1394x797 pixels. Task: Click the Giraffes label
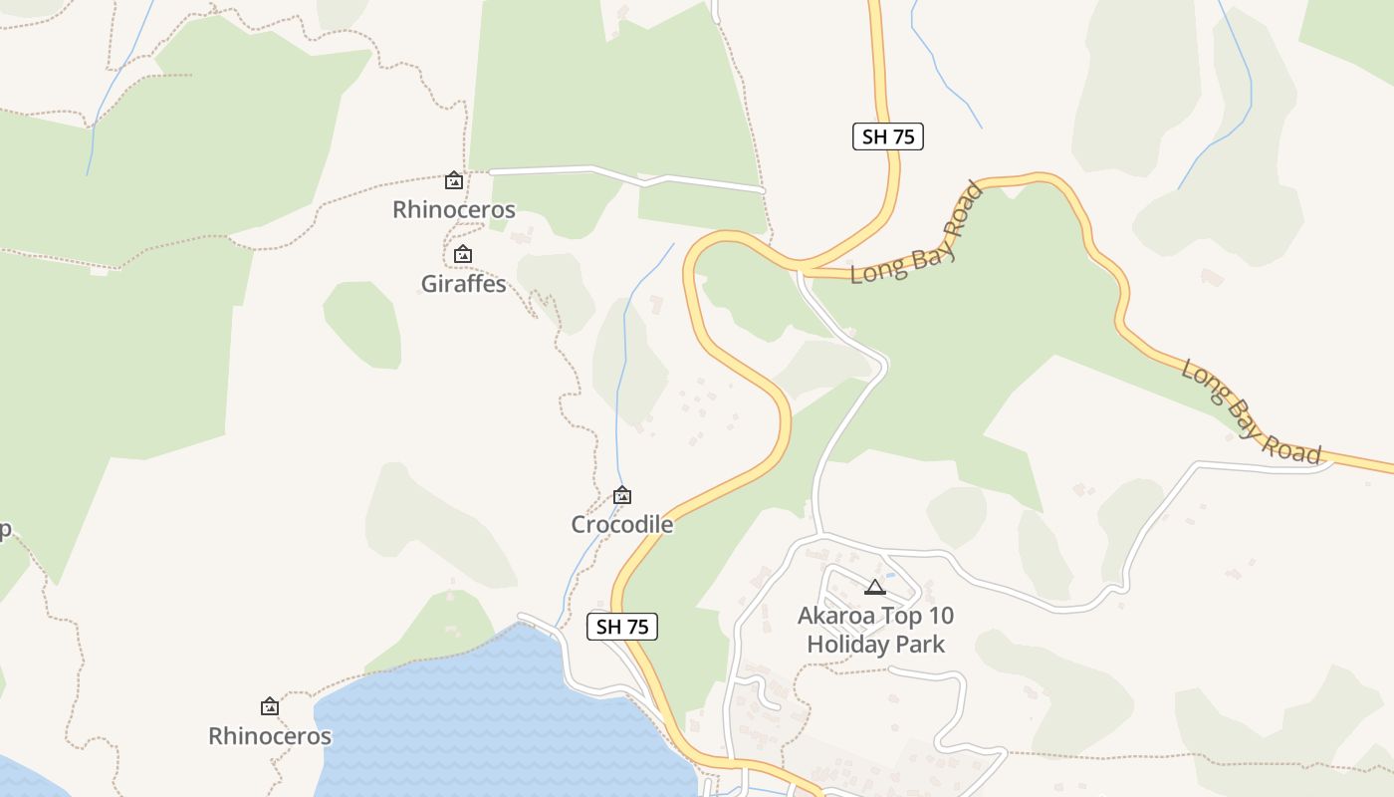[464, 284]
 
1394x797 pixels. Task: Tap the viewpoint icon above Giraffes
[463, 255]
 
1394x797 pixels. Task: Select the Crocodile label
[622, 524]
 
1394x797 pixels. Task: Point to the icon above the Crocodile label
[622, 495]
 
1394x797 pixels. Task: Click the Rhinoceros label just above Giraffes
[454, 209]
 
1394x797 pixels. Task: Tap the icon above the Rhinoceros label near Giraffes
[454, 180]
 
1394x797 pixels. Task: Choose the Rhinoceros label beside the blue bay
[270, 736]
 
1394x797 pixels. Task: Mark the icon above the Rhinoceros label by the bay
[270, 707]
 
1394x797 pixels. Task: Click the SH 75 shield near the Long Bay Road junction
[888, 136]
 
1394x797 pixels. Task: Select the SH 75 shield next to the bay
[622, 627]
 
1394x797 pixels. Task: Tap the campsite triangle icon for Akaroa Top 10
[875, 587]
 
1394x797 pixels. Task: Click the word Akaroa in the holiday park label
[834, 616]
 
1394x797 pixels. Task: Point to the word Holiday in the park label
[847, 645]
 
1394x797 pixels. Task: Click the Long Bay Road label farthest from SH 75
[1252, 412]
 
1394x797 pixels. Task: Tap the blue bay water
[478, 717]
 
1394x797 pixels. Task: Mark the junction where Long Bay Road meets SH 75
[800, 268]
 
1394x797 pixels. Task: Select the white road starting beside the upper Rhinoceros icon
[627, 176]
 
